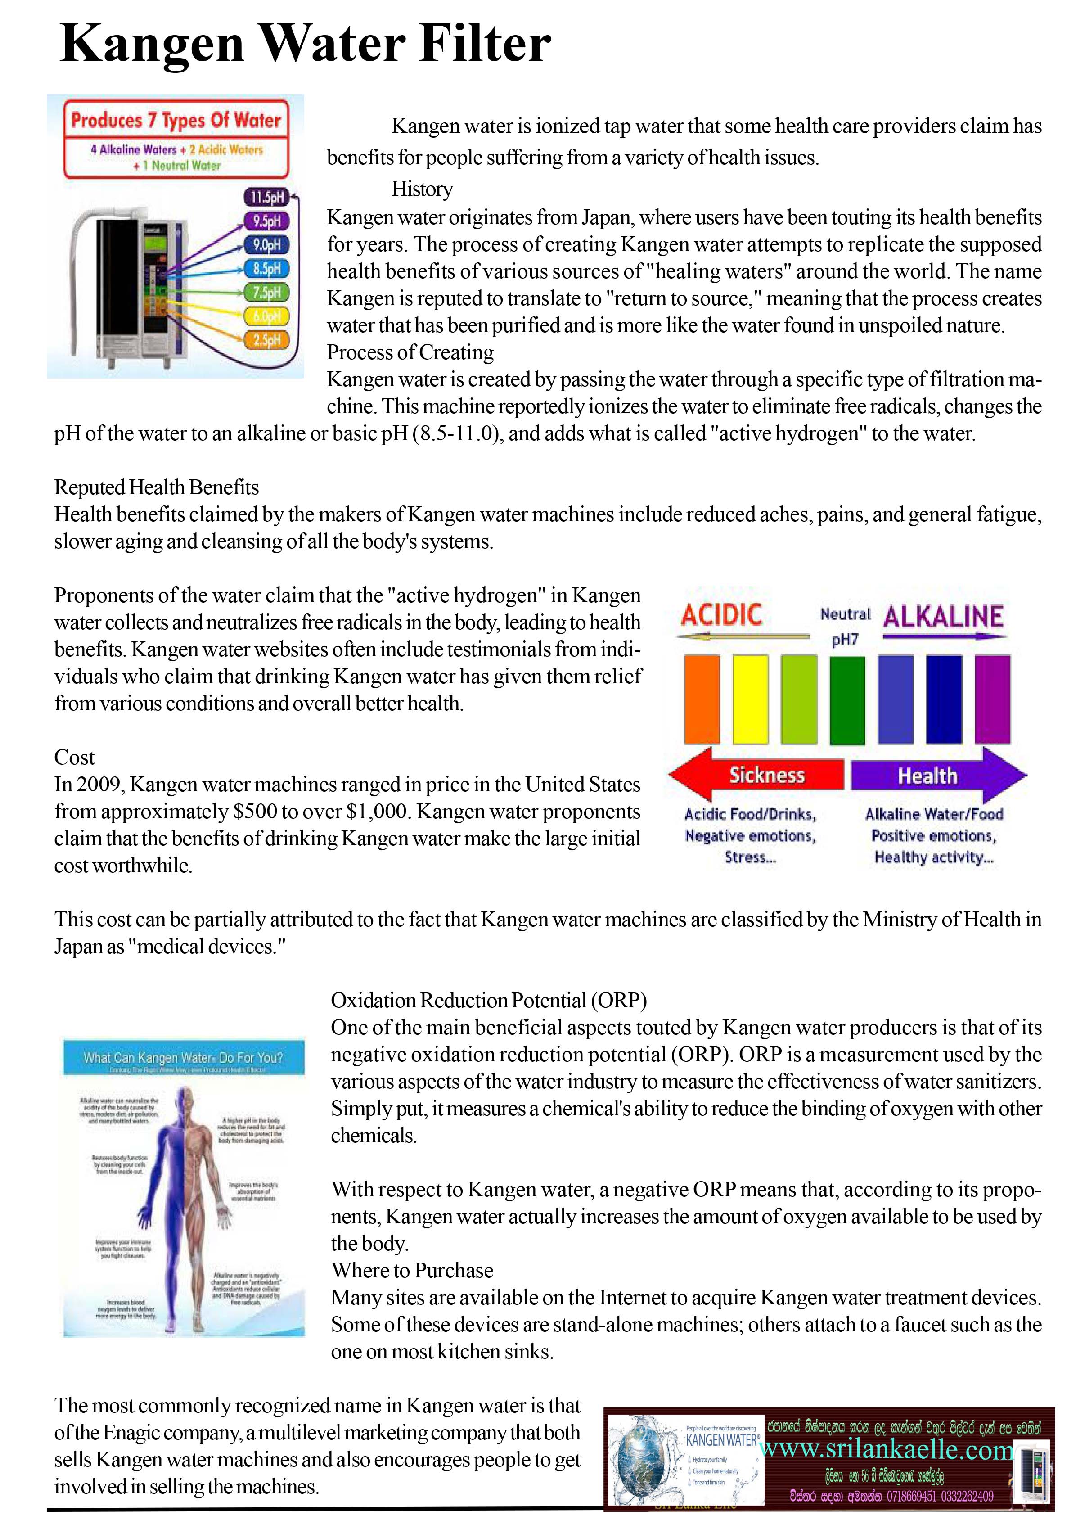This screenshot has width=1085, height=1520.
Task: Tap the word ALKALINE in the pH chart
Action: [943, 617]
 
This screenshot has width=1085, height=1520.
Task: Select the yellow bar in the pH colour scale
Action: [750, 699]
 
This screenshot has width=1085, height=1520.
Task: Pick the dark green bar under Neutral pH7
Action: [846, 699]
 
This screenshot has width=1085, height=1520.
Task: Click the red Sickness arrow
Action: [758, 775]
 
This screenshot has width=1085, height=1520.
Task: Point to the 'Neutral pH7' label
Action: [845, 627]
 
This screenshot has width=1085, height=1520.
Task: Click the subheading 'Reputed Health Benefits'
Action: [156, 487]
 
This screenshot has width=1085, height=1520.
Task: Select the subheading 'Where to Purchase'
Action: [412, 1270]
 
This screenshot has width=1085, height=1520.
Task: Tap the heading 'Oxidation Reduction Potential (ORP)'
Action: [488, 1000]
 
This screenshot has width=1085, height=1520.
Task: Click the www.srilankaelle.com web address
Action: [887, 1449]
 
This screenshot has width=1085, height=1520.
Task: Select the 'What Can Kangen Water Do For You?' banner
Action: [183, 1058]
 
